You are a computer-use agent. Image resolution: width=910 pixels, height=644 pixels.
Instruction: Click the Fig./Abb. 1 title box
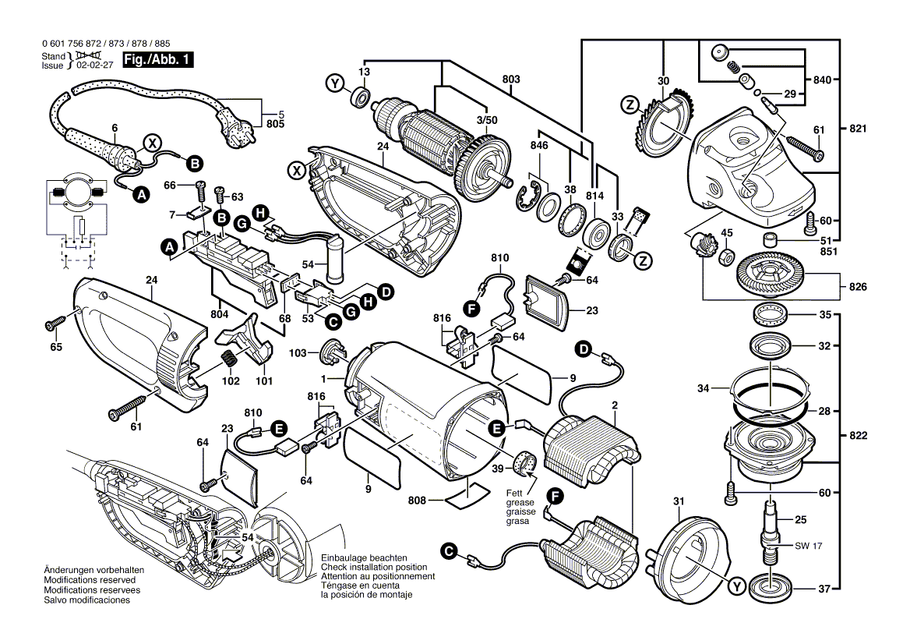pos(157,60)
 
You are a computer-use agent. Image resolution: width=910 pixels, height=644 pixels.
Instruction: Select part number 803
pos(511,79)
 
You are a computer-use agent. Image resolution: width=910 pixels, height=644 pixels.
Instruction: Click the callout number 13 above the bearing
pos(364,72)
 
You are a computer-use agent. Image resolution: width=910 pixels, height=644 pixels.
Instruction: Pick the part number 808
pos(418,500)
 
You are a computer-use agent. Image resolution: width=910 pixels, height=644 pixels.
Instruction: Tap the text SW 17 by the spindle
pos(809,546)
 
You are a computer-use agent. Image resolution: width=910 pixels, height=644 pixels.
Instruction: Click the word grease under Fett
pos(520,503)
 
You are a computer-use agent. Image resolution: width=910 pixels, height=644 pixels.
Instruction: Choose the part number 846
pos(539,145)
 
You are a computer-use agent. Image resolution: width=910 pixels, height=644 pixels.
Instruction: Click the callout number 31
pos(679,501)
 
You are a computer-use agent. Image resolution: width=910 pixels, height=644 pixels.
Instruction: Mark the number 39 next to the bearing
pos(498,469)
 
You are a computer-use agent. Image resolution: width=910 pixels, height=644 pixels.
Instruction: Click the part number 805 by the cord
pos(275,124)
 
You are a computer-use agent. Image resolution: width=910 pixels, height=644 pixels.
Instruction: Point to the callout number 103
pos(298,352)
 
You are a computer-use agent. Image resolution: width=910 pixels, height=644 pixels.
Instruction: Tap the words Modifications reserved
pos(90,580)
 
